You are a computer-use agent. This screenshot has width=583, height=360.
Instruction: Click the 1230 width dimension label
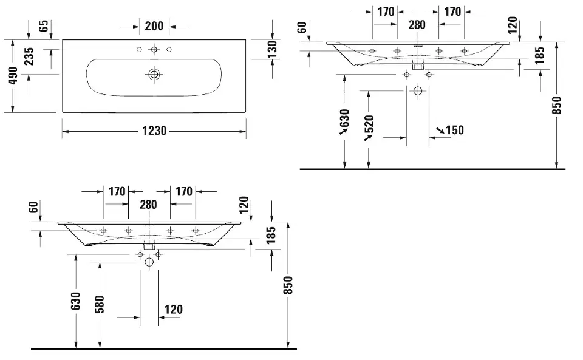[x=154, y=131]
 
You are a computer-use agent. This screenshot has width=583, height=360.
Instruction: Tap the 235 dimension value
[x=29, y=56]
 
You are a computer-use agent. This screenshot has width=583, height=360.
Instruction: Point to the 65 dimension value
[x=43, y=26]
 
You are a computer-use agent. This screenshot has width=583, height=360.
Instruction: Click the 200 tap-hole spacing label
[x=154, y=26]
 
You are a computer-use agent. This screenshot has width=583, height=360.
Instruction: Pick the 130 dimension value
[x=273, y=49]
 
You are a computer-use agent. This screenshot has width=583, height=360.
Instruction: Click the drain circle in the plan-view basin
[x=154, y=75]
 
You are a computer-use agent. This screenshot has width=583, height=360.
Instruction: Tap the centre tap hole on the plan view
[x=154, y=49]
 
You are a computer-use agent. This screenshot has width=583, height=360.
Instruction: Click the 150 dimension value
[x=454, y=130]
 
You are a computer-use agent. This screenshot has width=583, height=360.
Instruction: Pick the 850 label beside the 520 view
[x=557, y=105]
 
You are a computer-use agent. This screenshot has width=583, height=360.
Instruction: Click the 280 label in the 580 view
[x=149, y=205]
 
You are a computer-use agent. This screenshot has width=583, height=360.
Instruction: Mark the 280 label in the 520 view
[x=417, y=25]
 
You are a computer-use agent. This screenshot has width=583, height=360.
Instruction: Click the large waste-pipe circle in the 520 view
[x=417, y=91]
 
